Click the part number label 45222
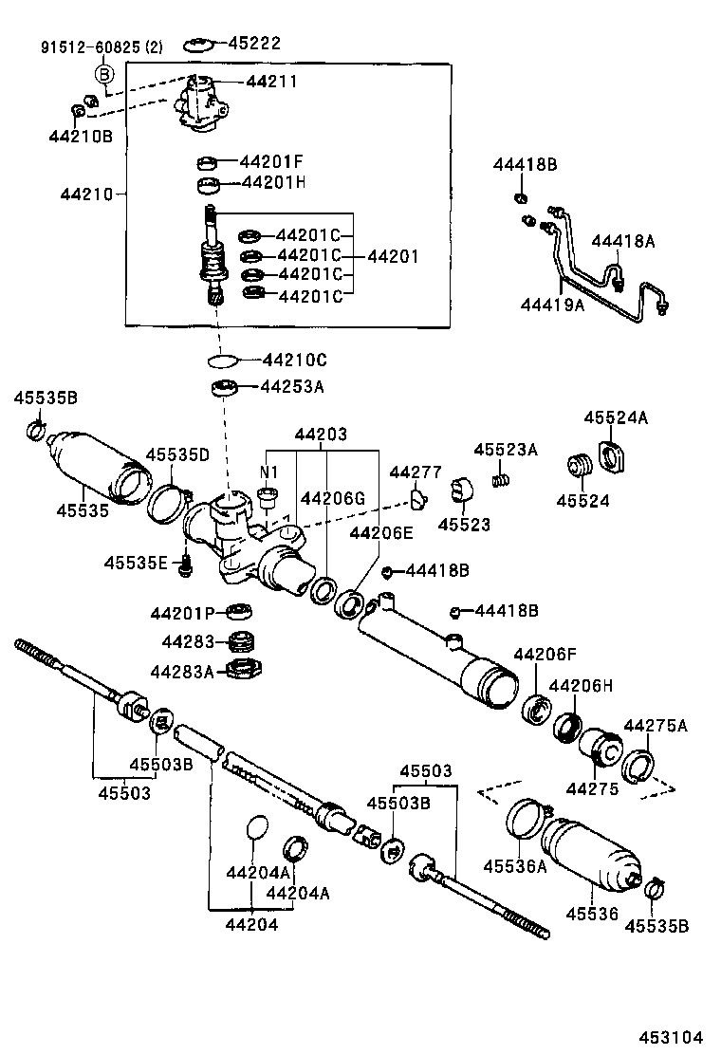(255, 44)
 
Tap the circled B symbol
(104, 76)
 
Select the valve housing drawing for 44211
(200, 102)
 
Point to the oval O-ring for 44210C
(224, 361)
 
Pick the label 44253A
(293, 386)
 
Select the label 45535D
(177, 454)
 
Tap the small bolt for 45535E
(186, 565)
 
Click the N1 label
(268, 472)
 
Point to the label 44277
(416, 472)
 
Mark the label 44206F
(545, 654)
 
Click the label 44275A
(656, 726)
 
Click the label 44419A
(551, 304)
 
